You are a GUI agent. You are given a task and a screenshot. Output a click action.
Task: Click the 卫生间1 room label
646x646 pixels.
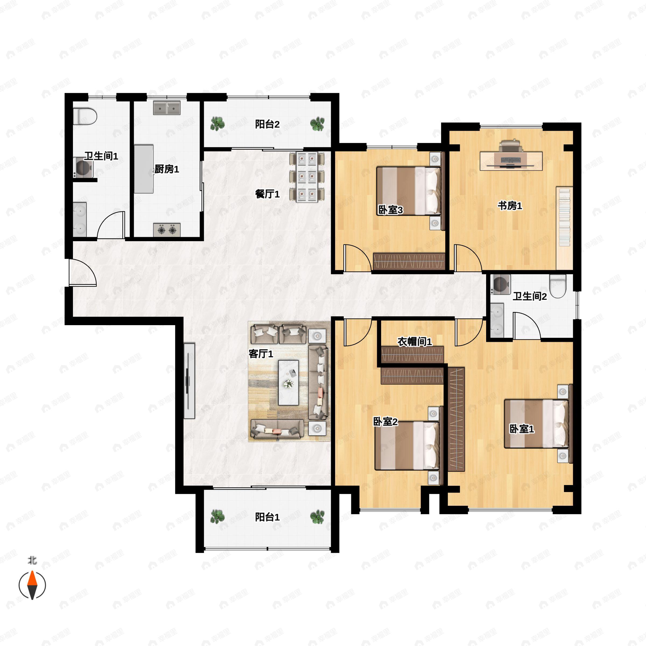pyautogui.click(x=101, y=156)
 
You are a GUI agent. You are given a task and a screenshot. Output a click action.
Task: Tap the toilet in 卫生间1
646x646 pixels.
pyautogui.click(x=85, y=116)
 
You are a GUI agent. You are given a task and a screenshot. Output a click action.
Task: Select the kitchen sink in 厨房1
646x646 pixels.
pyautogui.click(x=167, y=108)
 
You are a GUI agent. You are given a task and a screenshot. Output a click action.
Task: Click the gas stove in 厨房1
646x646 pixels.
pyautogui.click(x=167, y=230)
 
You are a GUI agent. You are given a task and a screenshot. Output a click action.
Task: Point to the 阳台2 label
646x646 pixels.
pyautogui.click(x=267, y=124)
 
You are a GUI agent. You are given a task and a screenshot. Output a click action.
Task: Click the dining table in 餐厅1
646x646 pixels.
pyautogui.click(x=307, y=177)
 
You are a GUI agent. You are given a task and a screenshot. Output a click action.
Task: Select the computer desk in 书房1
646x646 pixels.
pyautogui.click(x=511, y=161)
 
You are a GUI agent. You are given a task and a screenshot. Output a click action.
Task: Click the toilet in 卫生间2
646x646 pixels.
pyautogui.click(x=558, y=286)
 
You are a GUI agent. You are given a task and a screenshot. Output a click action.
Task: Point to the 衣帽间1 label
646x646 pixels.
pyautogui.click(x=415, y=342)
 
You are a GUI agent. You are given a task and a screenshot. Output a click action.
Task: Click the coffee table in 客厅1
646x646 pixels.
pyautogui.click(x=289, y=382)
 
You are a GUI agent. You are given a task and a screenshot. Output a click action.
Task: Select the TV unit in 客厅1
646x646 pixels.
pyautogui.click(x=189, y=381)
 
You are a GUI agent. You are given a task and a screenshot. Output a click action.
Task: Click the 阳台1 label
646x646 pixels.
pyautogui.click(x=267, y=517)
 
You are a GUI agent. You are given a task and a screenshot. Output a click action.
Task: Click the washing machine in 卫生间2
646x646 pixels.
pyautogui.click(x=501, y=284)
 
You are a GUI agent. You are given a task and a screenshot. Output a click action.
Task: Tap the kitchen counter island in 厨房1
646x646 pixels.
pyautogui.click(x=144, y=169)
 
